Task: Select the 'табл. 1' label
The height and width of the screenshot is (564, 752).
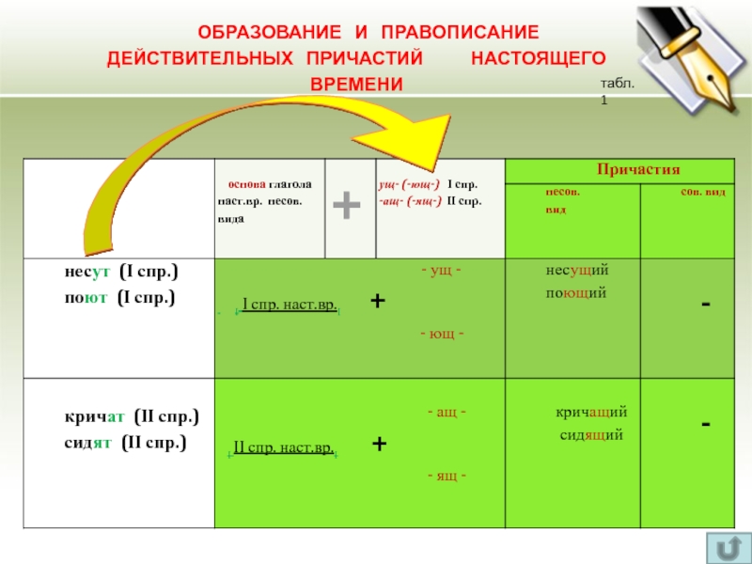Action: point(618,91)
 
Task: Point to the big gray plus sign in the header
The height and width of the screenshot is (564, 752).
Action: point(347,205)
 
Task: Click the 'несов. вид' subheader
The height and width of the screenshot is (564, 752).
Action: point(562,201)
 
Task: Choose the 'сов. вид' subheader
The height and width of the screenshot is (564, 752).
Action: point(701,192)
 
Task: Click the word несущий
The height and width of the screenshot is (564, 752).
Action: point(577,271)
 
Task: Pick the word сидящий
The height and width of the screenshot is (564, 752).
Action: point(590,434)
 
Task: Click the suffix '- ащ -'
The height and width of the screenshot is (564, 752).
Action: point(447,413)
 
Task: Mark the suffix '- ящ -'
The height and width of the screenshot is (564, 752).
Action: point(447,476)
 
